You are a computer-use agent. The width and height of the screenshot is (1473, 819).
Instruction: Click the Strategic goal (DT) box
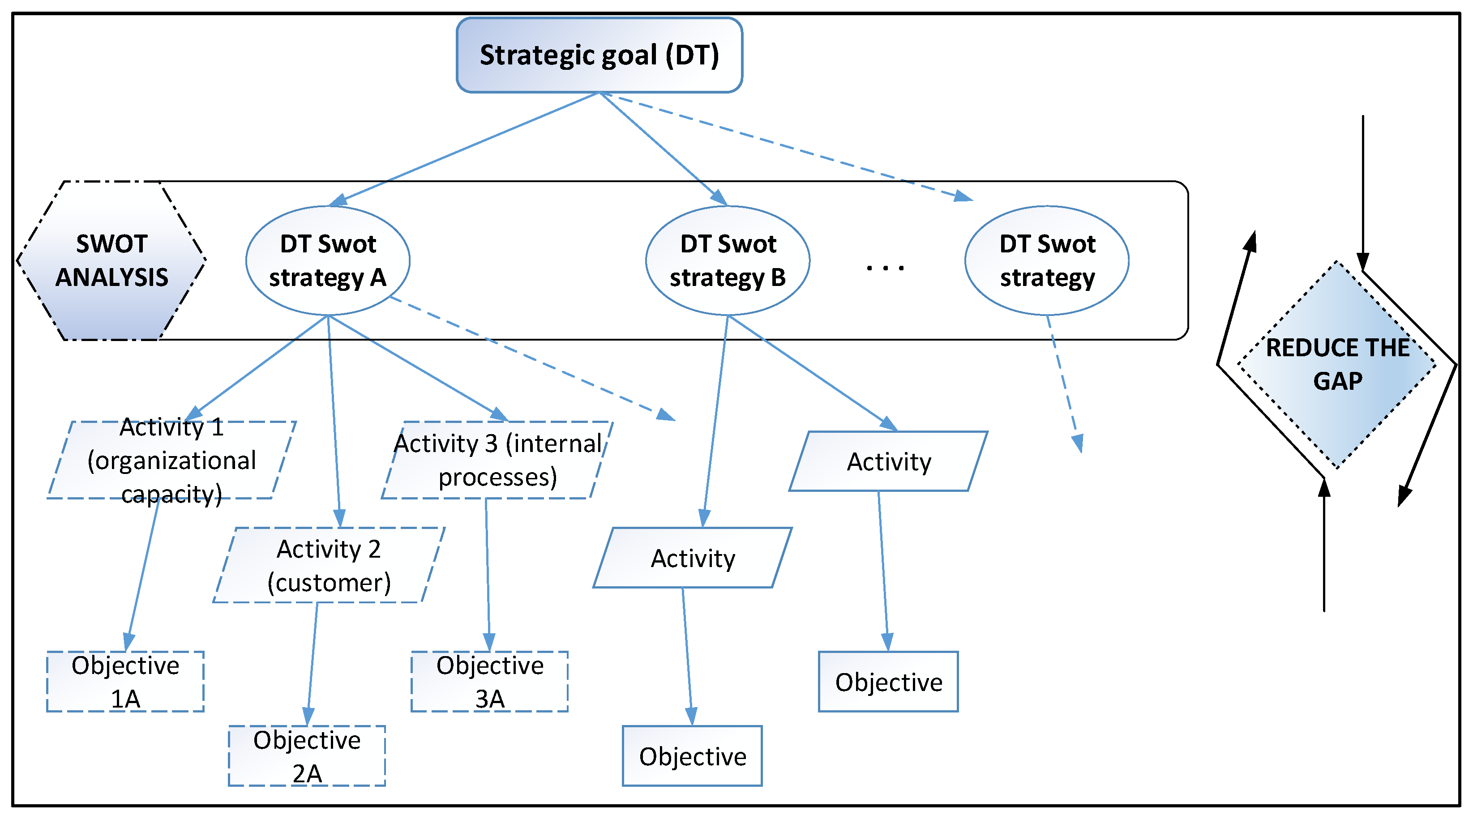[x=599, y=55]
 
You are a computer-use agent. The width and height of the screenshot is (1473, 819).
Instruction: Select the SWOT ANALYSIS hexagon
[x=111, y=260]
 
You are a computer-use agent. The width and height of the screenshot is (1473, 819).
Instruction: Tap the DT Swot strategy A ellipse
[x=328, y=260]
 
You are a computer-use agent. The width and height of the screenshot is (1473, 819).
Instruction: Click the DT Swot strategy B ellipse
[x=728, y=260]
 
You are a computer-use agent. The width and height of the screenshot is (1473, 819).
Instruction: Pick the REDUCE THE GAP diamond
[x=1337, y=364]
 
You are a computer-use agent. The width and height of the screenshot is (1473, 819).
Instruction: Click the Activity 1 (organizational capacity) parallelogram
[x=171, y=460]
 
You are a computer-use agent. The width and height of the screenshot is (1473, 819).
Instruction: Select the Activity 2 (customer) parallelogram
[x=329, y=565]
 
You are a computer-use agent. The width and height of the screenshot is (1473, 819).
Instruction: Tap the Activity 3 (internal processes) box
[x=497, y=460]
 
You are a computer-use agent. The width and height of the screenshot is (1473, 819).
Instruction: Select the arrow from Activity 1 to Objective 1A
[x=142, y=572]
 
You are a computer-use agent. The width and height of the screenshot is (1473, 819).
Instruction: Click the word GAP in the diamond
[x=1337, y=381]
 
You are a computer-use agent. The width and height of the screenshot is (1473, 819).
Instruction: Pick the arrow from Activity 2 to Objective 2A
[x=312, y=663]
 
